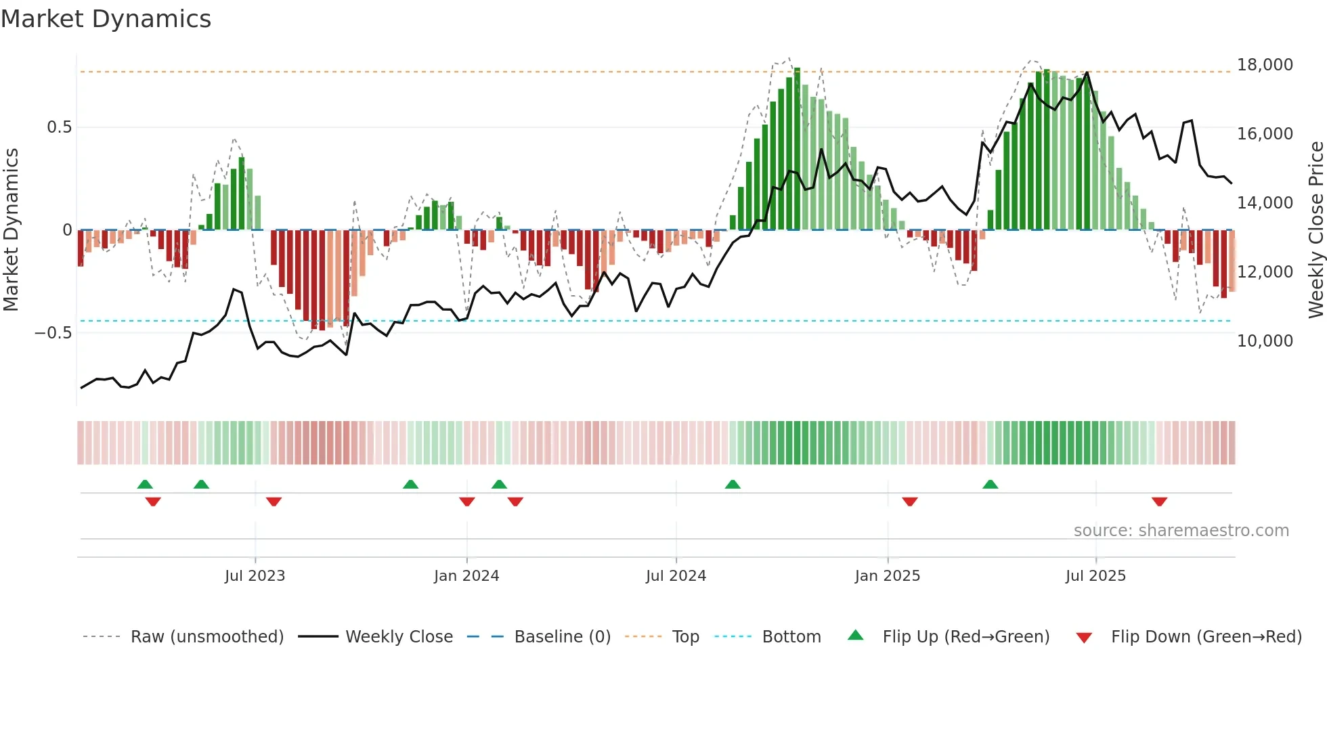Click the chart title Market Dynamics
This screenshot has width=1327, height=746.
pyautogui.click(x=106, y=19)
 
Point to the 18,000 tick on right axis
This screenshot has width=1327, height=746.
pyautogui.click(x=1265, y=65)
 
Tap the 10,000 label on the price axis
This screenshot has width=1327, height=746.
pyautogui.click(x=1265, y=341)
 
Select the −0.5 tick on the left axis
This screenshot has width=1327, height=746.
pyautogui.click(x=53, y=333)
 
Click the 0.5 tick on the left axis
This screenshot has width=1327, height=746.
pyautogui.click(x=59, y=127)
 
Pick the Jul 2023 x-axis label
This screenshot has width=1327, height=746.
pyautogui.click(x=255, y=576)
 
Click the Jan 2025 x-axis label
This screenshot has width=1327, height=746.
pyautogui.click(x=887, y=576)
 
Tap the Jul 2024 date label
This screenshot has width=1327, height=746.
pyautogui.click(x=676, y=576)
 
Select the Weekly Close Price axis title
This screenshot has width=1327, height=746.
pyautogui.click(x=1315, y=230)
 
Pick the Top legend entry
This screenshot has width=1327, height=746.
pyautogui.click(x=685, y=637)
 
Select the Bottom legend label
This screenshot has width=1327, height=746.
pyautogui.click(x=791, y=637)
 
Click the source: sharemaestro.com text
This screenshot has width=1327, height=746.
pyautogui.click(x=1181, y=531)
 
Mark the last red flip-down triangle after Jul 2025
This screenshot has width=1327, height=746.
pyautogui.click(x=1159, y=502)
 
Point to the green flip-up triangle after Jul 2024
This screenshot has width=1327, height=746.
pyautogui.click(x=733, y=485)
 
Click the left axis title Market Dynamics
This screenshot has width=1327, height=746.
pyautogui.click(x=11, y=230)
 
